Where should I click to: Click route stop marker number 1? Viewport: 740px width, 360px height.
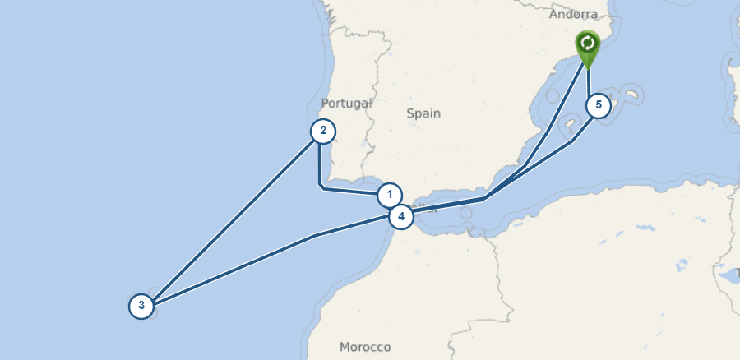390,196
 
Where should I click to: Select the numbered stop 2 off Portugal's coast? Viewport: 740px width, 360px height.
323,131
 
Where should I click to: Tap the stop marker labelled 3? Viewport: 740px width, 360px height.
141,307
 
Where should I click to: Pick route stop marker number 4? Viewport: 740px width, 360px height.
400,217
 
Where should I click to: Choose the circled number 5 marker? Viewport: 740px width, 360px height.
599,106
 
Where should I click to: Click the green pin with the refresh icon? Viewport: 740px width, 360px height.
587,44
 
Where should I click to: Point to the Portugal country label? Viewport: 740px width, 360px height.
347,104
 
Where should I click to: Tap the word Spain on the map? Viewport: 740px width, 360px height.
423,113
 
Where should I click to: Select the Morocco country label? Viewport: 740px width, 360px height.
365,347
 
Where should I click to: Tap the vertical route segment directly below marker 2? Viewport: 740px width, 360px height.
319,164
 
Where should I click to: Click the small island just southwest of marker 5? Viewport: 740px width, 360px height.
568,127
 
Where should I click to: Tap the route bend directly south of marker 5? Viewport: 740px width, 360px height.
573,141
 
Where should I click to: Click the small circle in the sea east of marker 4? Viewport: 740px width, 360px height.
467,213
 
